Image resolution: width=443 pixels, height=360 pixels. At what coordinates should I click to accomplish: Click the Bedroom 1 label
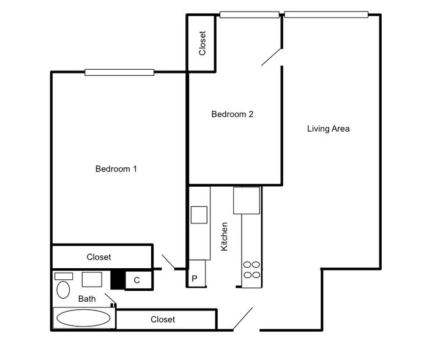coord(116,169)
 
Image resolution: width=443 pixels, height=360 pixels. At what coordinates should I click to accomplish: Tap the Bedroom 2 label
coord(233,114)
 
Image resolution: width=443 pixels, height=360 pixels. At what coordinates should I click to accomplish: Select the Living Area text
coord(329,129)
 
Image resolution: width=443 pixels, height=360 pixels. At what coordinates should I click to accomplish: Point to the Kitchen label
coord(224,236)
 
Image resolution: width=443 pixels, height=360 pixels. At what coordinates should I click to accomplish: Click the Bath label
coord(87,299)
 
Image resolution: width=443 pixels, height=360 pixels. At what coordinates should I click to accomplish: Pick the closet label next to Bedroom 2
coord(203,43)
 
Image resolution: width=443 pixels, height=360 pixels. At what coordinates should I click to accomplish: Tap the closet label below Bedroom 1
coord(99,257)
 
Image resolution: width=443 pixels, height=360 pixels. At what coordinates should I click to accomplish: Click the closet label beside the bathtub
coord(163,320)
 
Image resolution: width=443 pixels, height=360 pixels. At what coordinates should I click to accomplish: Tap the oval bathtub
coord(83,318)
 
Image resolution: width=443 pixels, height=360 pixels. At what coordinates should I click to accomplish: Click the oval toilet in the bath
coord(63,290)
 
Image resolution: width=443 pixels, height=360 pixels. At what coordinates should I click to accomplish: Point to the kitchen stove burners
coord(251,269)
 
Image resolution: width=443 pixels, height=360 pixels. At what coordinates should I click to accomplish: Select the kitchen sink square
coord(199,215)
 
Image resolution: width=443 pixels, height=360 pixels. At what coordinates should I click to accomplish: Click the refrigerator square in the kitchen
coord(247,200)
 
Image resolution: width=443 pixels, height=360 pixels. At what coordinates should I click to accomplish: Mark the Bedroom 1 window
coord(119,72)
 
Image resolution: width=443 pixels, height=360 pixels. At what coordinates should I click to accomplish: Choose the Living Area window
coord(326,15)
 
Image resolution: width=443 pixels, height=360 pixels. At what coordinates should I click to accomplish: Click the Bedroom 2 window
coord(250,15)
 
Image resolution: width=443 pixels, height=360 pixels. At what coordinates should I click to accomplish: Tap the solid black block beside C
coord(117,280)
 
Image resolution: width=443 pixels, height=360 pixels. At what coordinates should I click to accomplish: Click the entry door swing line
coord(243,319)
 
